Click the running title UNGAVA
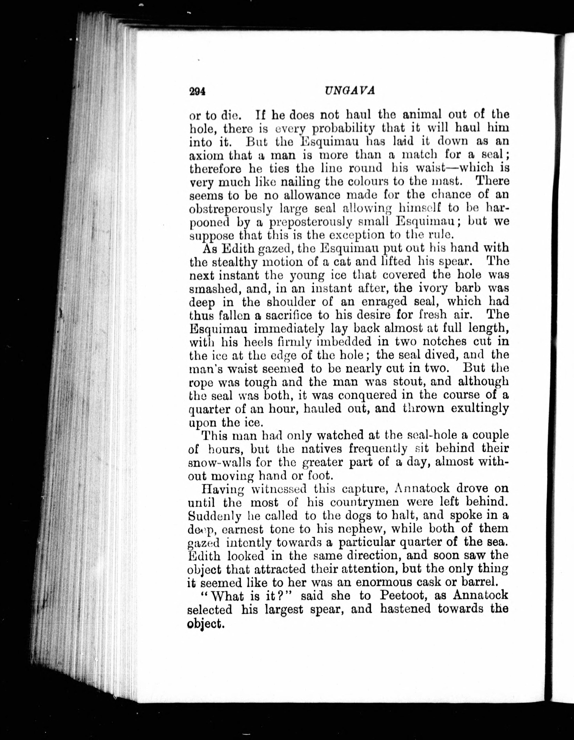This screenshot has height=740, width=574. (x=349, y=91)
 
